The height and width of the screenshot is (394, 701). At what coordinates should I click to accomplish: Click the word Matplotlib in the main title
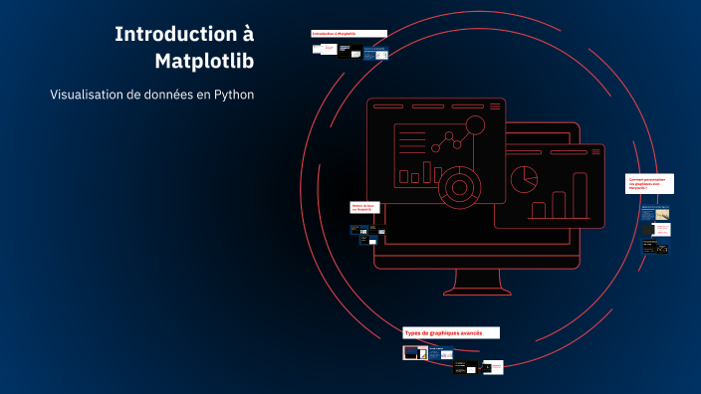pos(204,61)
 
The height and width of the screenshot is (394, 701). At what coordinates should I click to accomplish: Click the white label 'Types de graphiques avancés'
pos(450,332)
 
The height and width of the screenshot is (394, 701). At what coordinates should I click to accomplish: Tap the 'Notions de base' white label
pos(364,208)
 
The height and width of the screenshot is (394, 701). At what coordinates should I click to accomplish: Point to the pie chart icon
pos(524,180)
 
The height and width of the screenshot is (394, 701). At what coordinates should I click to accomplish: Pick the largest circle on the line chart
pos(475,125)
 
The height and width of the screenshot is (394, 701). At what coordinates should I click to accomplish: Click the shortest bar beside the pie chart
pos(539,211)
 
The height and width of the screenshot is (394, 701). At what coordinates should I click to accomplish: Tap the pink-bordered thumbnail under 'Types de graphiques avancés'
pos(414,352)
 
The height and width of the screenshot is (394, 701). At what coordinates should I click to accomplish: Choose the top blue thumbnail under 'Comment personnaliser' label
pos(654,212)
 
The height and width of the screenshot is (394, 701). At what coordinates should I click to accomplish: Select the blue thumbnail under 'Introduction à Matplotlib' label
pos(374,55)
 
